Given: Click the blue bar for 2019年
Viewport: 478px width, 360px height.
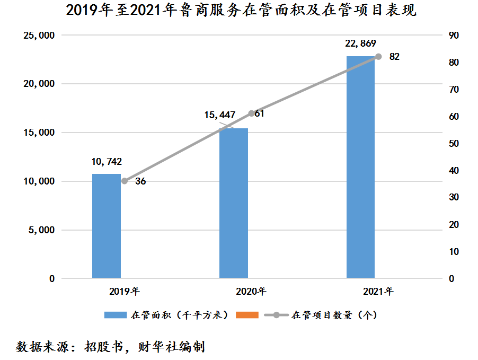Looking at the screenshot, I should [x=107, y=226].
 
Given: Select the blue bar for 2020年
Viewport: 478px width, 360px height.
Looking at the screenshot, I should [x=234, y=203].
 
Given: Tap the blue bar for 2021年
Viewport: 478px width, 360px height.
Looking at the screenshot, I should [x=360, y=167].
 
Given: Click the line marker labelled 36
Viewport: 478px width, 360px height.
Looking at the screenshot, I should [x=125, y=181].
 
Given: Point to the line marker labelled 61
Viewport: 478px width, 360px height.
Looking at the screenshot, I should [x=251, y=113].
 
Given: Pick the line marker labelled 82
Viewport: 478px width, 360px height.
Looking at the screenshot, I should [x=378, y=57].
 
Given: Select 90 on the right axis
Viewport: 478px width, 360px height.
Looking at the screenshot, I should [x=454, y=36].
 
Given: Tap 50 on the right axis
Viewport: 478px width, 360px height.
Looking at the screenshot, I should [x=454, y=144].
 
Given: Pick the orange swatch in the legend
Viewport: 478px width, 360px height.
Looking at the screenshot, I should [x=245, y=315].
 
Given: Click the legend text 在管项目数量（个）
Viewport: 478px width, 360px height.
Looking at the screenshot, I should [x=334, y=315].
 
